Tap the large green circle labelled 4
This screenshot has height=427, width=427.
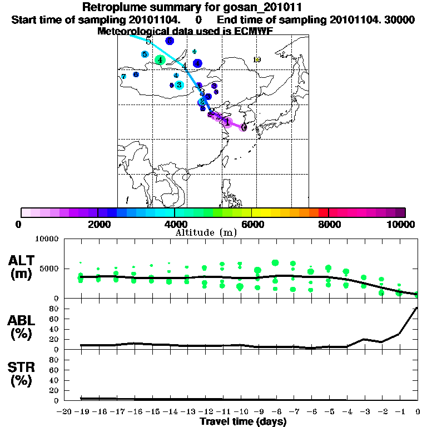click(x=160, y=59)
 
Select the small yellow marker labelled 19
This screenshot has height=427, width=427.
click(x=256, y=59)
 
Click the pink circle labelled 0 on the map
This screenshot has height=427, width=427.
click(x=244, y=127)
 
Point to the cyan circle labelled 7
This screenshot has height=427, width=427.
click(x=123, y=76)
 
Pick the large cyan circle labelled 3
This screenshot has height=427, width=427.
click(x=178, y=85)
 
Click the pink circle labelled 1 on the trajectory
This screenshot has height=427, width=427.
click(x=227, y=122)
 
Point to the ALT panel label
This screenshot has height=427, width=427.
click(x=22, y=260)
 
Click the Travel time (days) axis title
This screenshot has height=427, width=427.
click(x=243, y=422)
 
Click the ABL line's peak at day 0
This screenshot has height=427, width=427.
click(x=417, y=307)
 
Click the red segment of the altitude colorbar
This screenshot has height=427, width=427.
click(x=323, y=212)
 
